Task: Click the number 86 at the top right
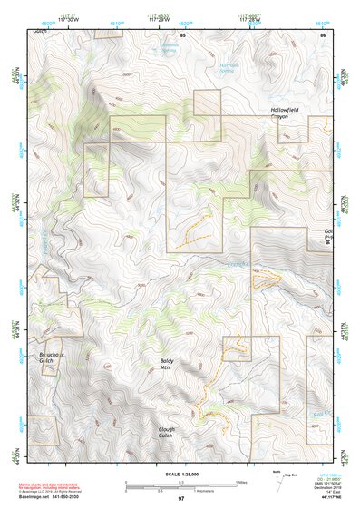[x=322, y=34]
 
